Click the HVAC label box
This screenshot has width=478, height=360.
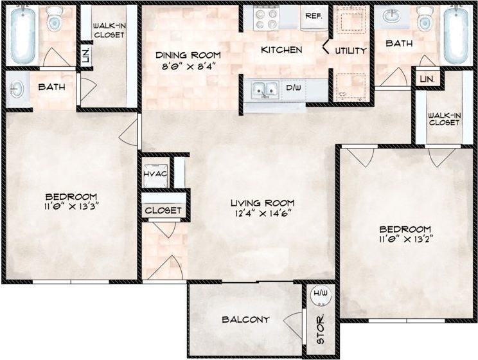155,174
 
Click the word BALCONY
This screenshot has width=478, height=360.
245,319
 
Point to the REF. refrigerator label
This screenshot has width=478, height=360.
314,16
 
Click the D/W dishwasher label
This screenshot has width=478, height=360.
294,87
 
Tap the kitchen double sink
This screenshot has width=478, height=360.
265,89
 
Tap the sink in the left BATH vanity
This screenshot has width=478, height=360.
17,87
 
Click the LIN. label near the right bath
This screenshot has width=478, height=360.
427,78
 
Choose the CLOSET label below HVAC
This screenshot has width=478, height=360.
163,210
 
